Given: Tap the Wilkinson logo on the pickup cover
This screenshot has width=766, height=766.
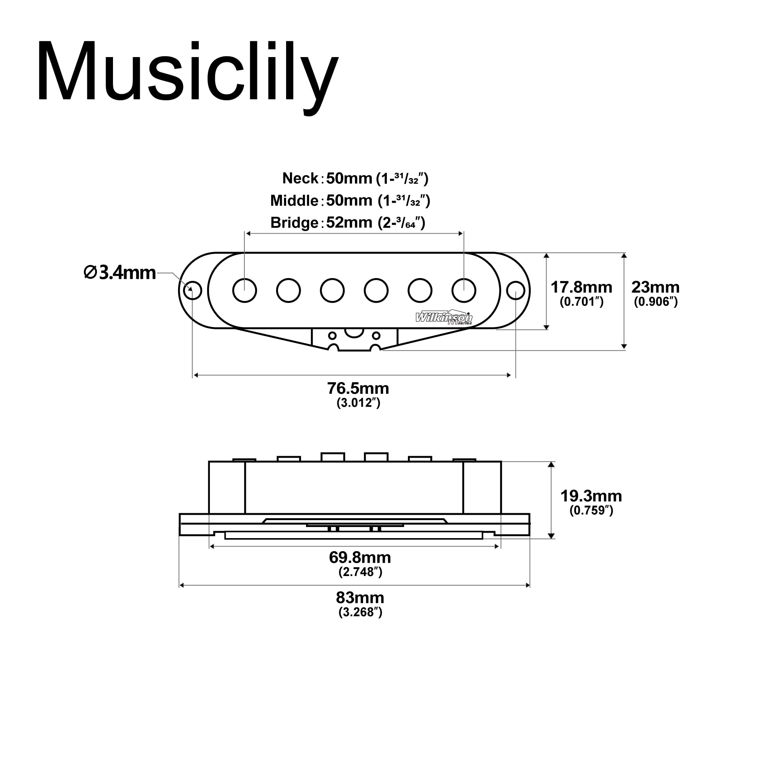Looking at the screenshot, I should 444,318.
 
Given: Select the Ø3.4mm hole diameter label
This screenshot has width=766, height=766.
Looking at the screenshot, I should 120,273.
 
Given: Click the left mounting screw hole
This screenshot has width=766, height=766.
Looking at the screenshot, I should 193,291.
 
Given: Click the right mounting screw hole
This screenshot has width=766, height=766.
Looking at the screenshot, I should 516,291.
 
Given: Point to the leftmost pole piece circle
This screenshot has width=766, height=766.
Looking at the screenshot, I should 245,291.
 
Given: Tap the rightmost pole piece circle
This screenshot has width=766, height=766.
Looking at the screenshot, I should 464,291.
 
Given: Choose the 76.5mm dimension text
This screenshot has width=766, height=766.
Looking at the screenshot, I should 358,388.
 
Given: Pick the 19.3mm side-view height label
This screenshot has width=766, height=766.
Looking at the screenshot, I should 591,496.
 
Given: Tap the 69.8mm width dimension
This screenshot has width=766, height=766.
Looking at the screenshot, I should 360,557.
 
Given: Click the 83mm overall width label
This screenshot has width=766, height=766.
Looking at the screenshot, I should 360,597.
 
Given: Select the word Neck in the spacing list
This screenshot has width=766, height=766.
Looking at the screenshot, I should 300,178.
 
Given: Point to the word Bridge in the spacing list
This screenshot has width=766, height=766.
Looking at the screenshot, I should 294,223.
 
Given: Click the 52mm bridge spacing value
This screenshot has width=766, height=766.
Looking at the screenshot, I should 349,223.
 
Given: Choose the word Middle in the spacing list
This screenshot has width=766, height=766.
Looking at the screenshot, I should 294,201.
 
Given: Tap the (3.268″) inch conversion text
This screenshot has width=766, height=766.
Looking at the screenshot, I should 360,612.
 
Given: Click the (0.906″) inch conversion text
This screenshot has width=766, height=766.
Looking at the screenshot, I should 655,302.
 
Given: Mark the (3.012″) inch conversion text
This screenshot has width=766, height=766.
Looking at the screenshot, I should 358,403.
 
